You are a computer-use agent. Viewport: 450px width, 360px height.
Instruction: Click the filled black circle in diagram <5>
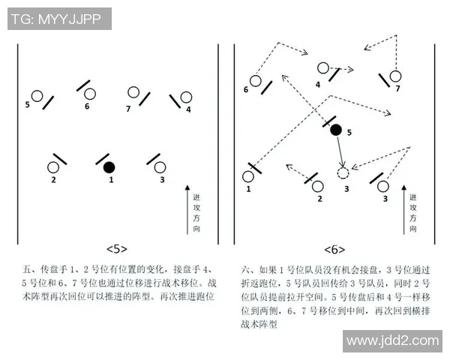(109, 166)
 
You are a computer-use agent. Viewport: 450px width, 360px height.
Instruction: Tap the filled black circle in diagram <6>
(336, 130)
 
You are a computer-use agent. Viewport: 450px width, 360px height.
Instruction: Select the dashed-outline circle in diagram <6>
(343, 173)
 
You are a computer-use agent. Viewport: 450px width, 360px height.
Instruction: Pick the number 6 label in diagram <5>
(87, 106)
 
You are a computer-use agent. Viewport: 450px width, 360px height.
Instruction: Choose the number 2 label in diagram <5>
(53, 180)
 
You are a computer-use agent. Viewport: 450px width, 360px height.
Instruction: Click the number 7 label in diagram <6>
(398, 88)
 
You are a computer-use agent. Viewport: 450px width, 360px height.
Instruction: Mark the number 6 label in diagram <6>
(246, 90)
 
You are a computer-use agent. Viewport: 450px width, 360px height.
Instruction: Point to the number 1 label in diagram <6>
(248, 190)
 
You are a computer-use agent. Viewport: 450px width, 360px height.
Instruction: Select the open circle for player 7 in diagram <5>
(133, 93)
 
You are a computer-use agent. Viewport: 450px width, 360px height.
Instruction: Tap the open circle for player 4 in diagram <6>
(322, 68)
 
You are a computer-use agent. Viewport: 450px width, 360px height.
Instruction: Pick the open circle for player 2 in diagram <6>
(318, 185)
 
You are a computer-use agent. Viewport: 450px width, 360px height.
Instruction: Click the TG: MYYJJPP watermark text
(60, 19)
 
